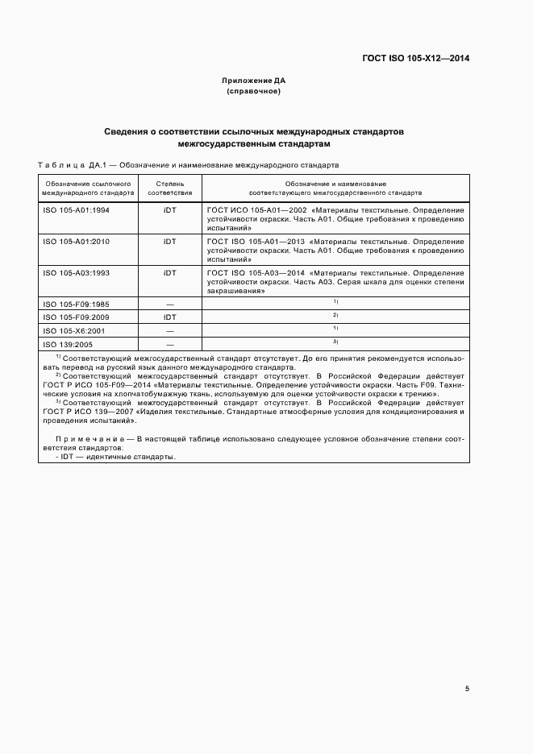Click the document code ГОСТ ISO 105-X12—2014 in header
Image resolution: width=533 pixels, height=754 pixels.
pyautogui.click(x=418, y=58)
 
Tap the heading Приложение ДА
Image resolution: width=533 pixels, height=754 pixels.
pyautogui.click(x=253, y=81)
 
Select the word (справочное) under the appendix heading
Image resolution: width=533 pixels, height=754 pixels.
pyautogui.click(x=253, y=91)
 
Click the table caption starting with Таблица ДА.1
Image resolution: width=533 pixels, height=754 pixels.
pyautogui.click(x=189, y=166)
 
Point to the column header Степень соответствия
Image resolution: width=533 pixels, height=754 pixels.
pyautogui.click(x=169, y=188)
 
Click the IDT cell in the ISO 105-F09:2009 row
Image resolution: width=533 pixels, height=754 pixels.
pyautogui.click(x=169, y=317)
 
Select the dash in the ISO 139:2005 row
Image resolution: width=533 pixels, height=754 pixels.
pyautogui.click(x=169, y=344)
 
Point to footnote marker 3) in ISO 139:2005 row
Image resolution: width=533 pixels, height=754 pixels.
pyautogui.click(x=335, y=342)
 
